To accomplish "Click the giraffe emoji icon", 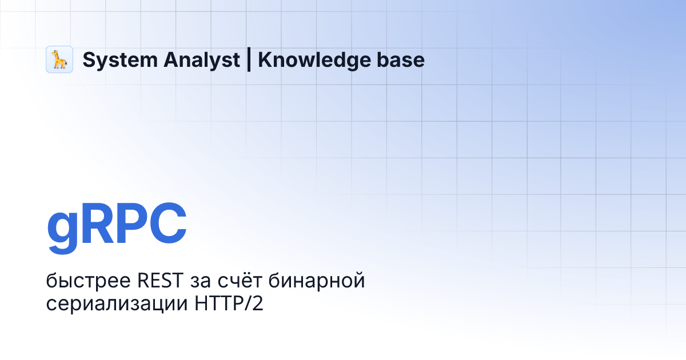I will tap(59, 59).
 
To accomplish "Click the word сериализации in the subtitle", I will tap(114, 303).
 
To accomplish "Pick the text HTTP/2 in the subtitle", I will tap(226, 303).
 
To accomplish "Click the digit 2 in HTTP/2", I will tap(258, 303).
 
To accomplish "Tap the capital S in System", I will tap(89, 60).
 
